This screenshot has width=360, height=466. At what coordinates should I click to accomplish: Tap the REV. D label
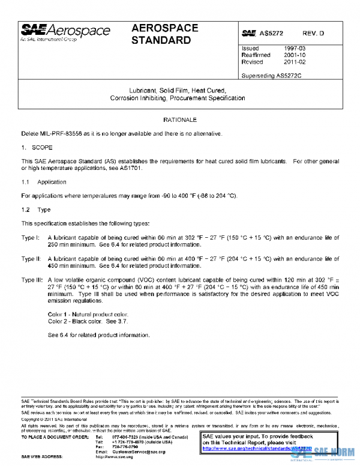[x=312, y=34]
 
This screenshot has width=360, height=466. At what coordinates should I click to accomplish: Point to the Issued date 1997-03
[x=296, y=48]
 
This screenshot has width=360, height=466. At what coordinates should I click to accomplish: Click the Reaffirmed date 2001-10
[x=296, y=55]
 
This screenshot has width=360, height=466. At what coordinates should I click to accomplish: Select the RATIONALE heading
[x=180, y=120]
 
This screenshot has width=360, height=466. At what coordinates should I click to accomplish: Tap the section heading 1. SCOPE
[x=37, y=147]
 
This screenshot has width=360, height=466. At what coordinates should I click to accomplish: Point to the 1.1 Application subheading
[x=44, y=182]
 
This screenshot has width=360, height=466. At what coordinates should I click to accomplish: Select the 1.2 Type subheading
[x=36, y=210]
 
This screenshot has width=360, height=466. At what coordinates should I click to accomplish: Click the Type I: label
[x=31, y=238]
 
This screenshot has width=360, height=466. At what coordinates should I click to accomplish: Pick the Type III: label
[x=32, y=280]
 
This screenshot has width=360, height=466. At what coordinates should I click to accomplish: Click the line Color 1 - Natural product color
[x=88, y=314]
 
